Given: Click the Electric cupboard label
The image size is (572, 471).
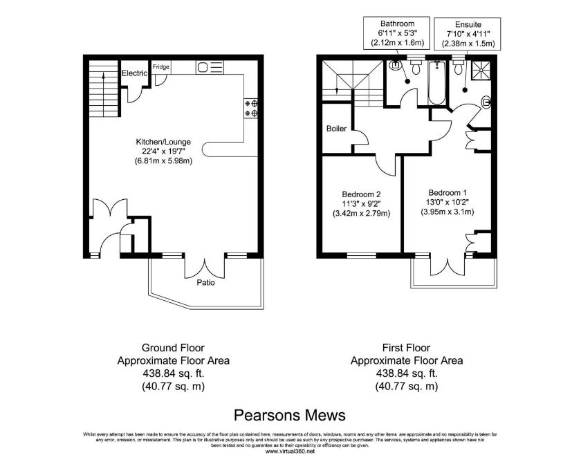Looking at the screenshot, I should [134, 73].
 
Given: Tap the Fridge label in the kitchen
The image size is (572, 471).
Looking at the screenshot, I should [161, 67].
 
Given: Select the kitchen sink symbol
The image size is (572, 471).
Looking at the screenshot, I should [210, 67].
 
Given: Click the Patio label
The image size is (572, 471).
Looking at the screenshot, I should [205, 282].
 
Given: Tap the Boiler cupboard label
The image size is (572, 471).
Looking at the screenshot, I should [337, 129].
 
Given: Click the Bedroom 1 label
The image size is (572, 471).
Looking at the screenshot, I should [448, 192].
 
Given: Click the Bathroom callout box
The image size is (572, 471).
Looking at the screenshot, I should [396, 32].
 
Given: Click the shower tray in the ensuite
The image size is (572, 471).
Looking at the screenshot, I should [479, 69].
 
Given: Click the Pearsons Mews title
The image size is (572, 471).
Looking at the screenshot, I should [290, 414].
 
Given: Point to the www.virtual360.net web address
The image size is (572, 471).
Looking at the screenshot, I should [290, 452].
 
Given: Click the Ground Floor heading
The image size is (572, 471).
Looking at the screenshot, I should [173, 347].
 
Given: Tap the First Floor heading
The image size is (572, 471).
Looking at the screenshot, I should [406, 347].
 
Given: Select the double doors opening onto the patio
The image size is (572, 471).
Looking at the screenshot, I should [205, 267].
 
